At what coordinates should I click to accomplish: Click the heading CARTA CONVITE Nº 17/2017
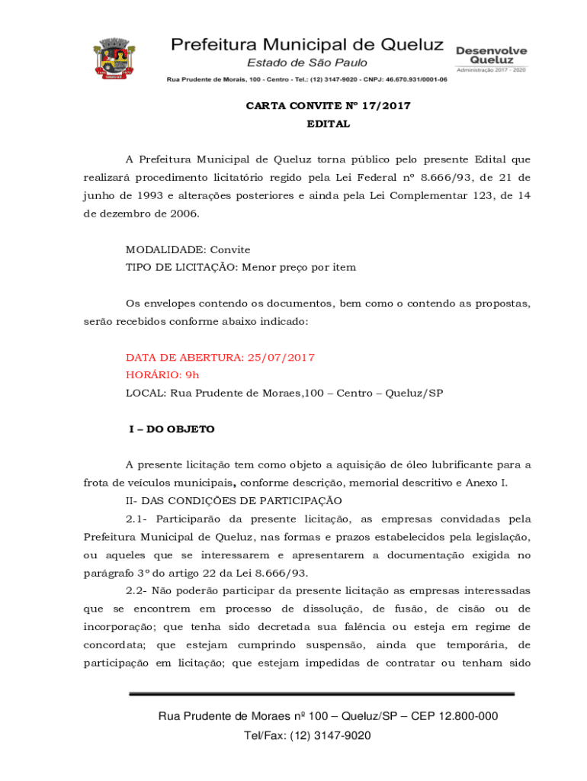pos(328,106)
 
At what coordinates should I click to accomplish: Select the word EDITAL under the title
pos(328,124)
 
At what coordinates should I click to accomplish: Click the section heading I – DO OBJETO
pos(172,429)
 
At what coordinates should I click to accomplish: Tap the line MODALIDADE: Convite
pos(188,249)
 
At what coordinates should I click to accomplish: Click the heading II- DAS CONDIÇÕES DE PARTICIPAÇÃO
pos(234,501)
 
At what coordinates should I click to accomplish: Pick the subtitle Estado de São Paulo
pos(306,63)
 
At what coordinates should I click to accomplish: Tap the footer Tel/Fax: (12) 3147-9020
pos(307,735)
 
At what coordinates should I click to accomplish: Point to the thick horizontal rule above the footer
pos(322,693)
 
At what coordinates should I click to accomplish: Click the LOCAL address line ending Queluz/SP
pos(284,394)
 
